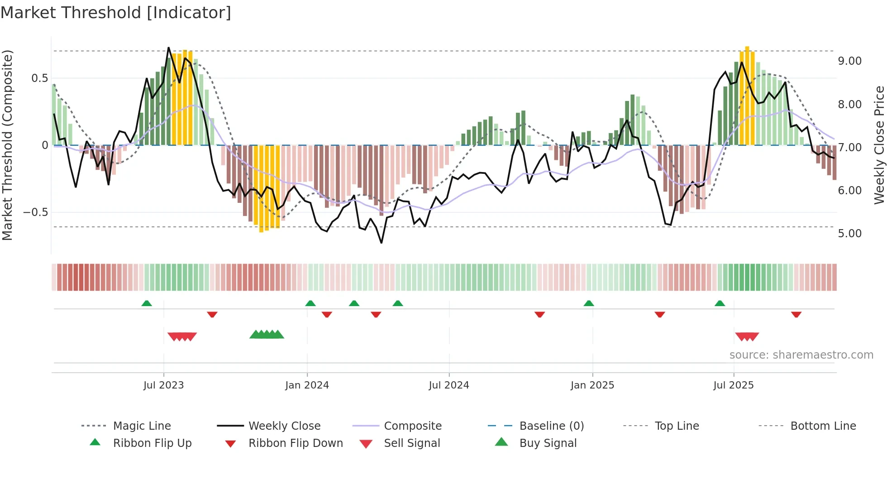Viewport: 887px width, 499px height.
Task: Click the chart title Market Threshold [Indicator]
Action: [116, 13]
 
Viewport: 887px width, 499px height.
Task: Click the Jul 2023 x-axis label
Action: [163, 385]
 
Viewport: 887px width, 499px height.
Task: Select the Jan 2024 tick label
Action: [307, 385]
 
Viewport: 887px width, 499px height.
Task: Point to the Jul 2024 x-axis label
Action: [448, 385]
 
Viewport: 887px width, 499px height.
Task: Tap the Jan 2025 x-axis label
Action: [592, 385]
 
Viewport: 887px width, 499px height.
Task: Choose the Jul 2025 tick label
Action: [733, 385]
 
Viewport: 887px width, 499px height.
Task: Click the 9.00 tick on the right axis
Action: [849, 61]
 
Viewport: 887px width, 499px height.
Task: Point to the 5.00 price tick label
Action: [849, 234]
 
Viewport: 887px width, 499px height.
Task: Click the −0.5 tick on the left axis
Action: [36, 212]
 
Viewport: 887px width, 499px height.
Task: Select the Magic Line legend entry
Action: [142, 426]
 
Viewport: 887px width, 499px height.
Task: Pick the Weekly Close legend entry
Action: [284, 426]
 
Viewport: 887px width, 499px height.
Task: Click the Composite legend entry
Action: [412, 426]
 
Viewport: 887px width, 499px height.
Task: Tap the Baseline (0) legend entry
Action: [551, 426]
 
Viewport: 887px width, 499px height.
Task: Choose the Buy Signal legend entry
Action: [548, 443]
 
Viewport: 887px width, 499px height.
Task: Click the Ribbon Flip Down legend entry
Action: [295, 443]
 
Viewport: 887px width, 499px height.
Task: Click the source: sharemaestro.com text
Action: [801, 355]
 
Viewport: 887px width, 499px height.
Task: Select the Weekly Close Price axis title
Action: [879, 145]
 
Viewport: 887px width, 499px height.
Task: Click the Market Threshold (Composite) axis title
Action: [7, 145]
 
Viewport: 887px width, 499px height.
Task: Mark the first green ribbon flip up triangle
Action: [147, 303]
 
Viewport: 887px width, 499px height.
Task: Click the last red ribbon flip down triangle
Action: [796, 314]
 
